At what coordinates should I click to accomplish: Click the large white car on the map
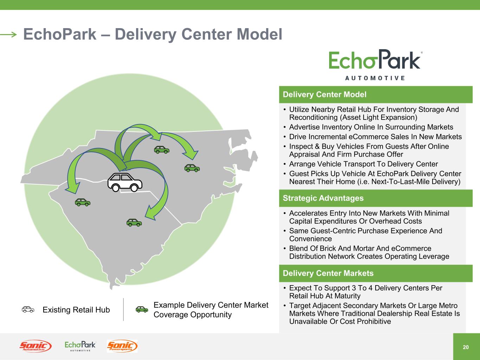pos(125,182)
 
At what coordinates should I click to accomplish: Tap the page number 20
pos(466,347)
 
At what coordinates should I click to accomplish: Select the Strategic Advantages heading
pos(323,198)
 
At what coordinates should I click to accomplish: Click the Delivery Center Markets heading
pos(328,273)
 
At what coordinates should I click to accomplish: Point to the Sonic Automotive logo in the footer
pos(36,346)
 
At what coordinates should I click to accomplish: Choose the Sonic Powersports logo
pos(122,346)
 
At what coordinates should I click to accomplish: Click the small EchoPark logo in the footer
pos(80,346)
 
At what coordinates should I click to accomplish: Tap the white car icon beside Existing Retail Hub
pos(28,309)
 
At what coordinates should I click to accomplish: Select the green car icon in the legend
pos(142,309)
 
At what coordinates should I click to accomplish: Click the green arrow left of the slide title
pos(8,34)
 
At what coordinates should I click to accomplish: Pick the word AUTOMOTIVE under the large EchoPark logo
pos(375,78)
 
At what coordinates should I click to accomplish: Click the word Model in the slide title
pos(260,34)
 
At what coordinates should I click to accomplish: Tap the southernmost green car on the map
pos(134,223)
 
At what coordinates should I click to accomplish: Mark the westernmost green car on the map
pos(82,202)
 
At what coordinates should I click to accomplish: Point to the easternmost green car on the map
pos(192,168)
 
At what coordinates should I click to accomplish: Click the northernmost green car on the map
pos(162,150)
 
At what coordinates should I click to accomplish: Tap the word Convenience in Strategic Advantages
pos(311,239)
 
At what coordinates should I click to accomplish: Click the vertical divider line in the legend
pos(123,309)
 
